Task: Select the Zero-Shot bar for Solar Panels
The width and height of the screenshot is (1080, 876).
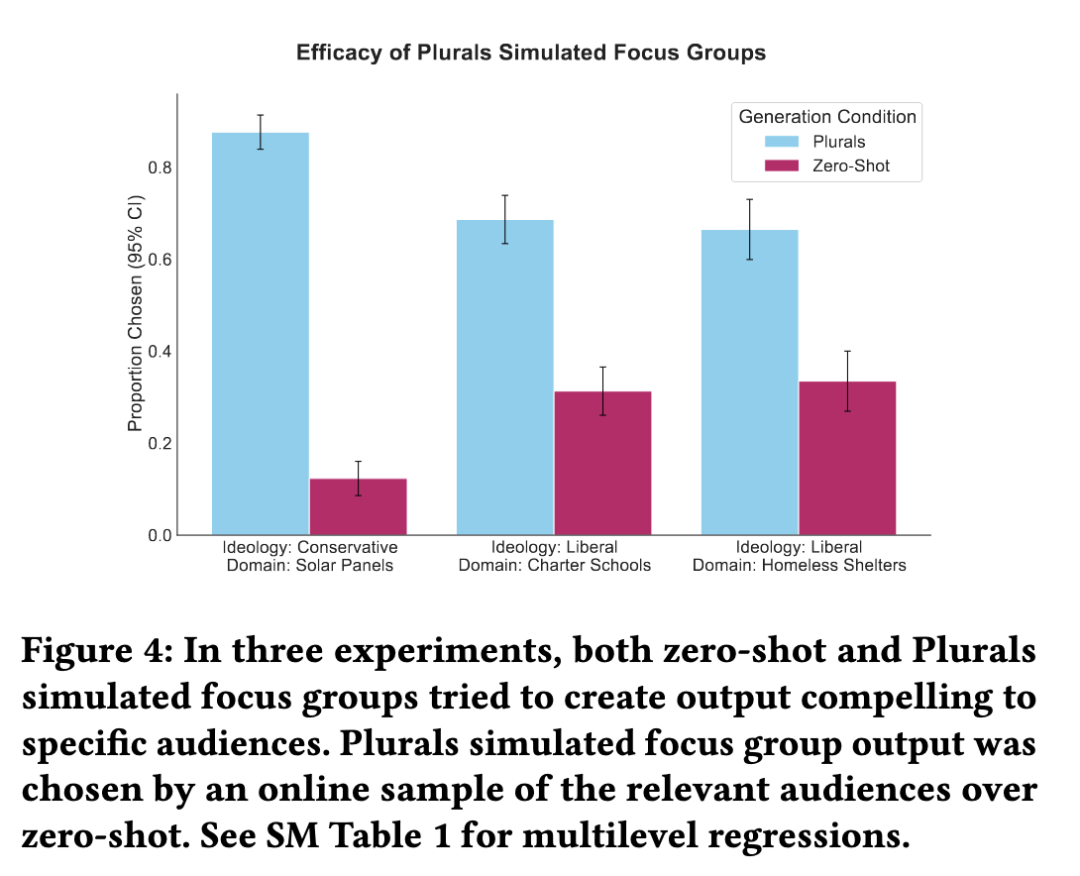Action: (358, 506)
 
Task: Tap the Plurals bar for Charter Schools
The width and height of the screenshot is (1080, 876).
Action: (504, 378)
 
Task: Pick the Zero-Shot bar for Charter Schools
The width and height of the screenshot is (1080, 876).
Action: (602, 463)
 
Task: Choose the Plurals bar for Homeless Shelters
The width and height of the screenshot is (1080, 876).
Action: (749, 383)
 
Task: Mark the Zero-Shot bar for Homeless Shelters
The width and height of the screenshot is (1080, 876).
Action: (847, 458)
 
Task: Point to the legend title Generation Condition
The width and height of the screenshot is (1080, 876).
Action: (827, 117)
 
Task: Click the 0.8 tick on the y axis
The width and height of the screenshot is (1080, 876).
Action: (160, 168)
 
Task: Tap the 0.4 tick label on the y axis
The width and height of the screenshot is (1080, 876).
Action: (160, 352)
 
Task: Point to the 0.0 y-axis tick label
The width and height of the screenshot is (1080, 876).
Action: (160, 536)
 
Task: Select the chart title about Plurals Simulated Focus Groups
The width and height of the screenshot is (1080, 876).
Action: (531, 53)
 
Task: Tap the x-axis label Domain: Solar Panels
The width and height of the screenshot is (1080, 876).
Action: (309, 565)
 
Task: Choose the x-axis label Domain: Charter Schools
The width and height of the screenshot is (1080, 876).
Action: (554, 565)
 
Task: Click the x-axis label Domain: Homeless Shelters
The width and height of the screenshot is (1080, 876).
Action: (799, 565)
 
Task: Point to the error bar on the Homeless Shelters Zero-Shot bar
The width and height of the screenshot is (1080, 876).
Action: (847, 381)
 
